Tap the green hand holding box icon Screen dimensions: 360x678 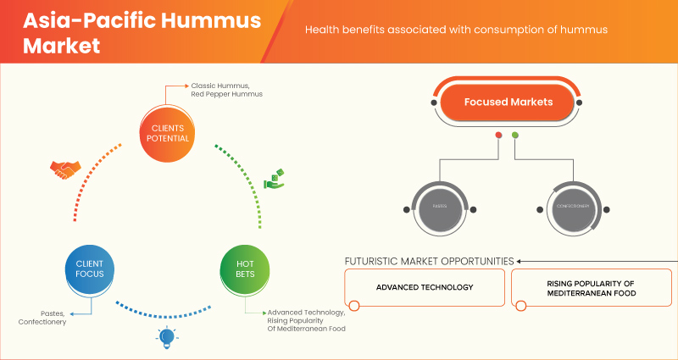(275, 179)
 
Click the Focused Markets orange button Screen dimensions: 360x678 (508, 102)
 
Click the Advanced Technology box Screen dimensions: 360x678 (425, 287)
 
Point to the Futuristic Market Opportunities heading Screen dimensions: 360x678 (429, 261)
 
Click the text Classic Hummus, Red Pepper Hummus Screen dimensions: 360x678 (227, 89)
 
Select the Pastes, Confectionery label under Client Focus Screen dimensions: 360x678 (42, 318)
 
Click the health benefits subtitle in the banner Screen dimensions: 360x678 (457, 30)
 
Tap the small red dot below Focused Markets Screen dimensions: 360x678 (498, 136)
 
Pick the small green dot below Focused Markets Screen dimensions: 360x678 (514, 136)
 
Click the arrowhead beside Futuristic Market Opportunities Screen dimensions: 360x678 (520, 261)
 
